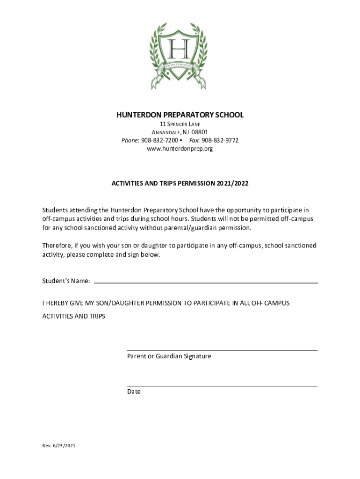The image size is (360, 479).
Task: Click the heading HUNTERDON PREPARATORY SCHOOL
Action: (x=180, y=115)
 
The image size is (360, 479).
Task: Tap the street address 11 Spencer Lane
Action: (x=180, y=124)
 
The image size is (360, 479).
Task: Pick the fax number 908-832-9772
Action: (x=220, y=140)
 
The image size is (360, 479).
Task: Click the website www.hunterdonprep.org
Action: (x=180, y=149)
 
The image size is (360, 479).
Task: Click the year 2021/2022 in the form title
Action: (x=232, y=184)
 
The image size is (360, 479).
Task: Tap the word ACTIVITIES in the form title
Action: (x=128, y=184)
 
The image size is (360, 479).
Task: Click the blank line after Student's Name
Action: (x=206, y=283)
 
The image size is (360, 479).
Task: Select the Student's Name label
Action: (x=66, y=281)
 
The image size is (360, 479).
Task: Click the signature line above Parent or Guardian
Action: (x=222, y=350)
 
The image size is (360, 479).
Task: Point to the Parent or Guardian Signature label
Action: (x=169, y=356)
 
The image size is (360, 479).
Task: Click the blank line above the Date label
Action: (x=222, y=386)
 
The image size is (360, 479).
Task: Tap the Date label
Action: (x=134, y=392)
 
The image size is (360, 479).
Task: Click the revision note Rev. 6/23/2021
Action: (x=58, y=446)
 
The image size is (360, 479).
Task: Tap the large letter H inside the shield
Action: (x=180, y=48)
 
